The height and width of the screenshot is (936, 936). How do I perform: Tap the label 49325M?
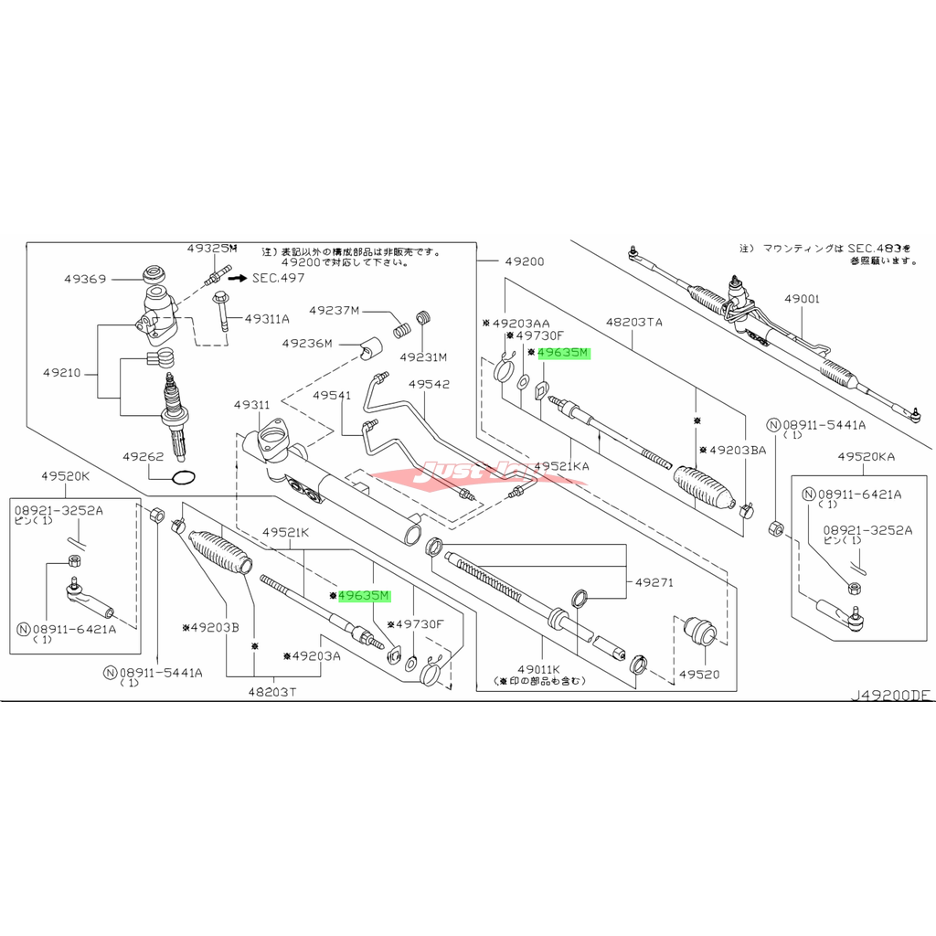point(211,249)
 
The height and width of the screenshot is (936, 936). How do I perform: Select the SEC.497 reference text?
point(279,277)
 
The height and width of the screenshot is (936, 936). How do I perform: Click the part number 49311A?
point(269,318)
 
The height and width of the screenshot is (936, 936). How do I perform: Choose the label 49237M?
point(335,310)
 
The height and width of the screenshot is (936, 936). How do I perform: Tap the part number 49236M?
point(307,343)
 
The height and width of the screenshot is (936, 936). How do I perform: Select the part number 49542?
point(429,384)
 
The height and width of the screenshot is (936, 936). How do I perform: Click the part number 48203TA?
point(633,323)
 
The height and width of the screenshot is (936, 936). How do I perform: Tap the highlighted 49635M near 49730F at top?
point(564,352)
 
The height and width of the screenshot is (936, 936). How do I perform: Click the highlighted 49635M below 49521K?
point(364,596)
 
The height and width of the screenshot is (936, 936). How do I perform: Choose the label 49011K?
point(538,669)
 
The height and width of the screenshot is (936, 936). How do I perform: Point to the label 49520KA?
point(866,455)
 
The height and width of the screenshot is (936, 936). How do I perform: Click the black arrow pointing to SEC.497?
point(238,277)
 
